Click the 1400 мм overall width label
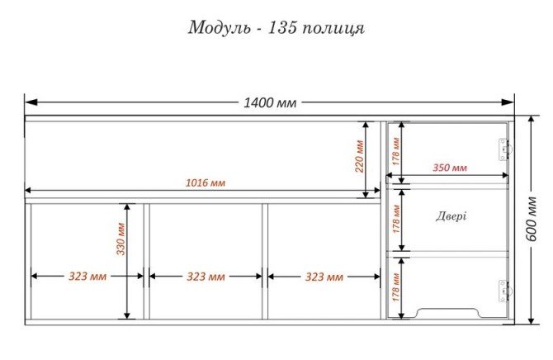270,102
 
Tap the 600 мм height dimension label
532,219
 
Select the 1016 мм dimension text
206,182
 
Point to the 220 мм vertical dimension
359,156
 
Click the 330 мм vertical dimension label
121,239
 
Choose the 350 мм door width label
450,168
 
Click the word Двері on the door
451,216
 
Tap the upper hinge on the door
504,149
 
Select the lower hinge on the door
504,291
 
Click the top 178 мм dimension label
395,151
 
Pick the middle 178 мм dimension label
395,219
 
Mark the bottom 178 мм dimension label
395,287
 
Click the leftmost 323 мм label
87,276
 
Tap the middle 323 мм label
206,277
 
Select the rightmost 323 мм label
324,277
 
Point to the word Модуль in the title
220,28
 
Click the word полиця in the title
333,29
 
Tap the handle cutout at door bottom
448,312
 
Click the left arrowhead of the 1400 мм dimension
31,102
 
